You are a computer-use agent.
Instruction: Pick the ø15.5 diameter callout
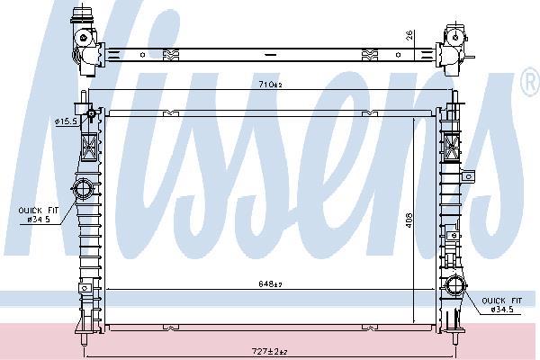pyautogui.click(x=66, y=121)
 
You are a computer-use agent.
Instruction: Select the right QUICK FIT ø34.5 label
pyautogui.click(x=502, y=303)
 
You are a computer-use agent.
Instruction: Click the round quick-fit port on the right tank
pyautogui.click(x=454, y=290)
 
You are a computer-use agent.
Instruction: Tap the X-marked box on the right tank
pyautogui.click(x=452, y=144)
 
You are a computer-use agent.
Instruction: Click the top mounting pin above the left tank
pyautogui.click(x=84, y=97)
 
